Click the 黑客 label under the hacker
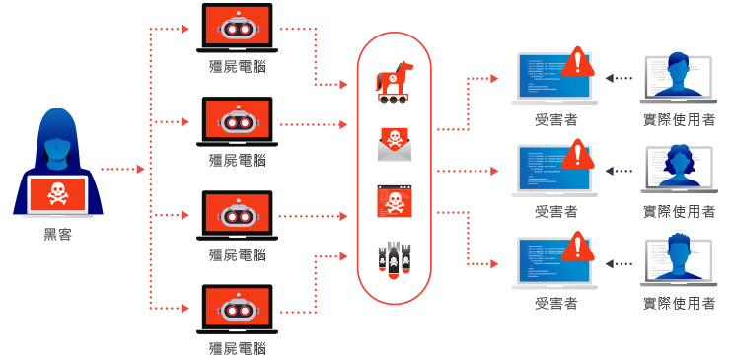coord(57,235)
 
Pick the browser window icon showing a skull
coord(394,202)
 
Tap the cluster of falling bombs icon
coord(394,260)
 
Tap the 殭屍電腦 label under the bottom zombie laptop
coord(238,347)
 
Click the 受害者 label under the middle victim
coord(555,211)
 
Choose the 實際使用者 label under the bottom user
coord(678,303)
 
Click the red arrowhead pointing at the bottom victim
coord(492,263)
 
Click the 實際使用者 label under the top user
coord(678,119)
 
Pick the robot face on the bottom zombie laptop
coord(237,310)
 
